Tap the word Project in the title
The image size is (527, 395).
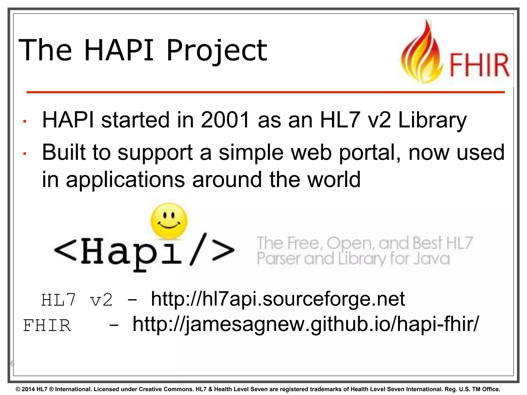(217, 51)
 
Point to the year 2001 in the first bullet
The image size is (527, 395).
(225, 120)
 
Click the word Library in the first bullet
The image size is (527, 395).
(432, 120)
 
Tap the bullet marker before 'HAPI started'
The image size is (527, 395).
(25, 121)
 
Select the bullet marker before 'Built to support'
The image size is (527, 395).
(25, 154)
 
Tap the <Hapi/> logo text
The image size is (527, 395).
(144, 252)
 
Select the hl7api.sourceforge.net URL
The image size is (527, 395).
(278, 299)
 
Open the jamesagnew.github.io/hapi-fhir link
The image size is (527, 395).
(306, 324)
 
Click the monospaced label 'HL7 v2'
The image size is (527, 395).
(77, 300)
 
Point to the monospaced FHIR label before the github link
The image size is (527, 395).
(47, 326)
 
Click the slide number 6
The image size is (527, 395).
(12, 363)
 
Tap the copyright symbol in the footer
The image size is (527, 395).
(18, 389)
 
